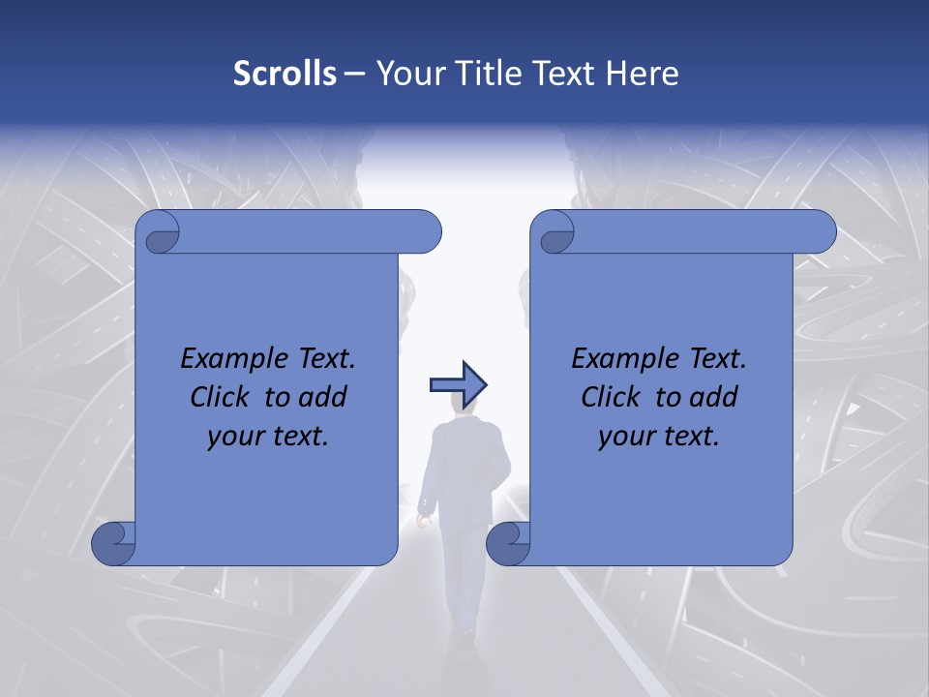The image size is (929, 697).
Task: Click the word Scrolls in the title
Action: (x=285, y=74)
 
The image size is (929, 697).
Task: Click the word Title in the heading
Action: (x=484, y=74)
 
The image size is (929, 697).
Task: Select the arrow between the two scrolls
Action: (x=458, y=384)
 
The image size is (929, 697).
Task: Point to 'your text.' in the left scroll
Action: (x=268, y=437)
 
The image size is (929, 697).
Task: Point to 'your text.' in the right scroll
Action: (x=659, y=437)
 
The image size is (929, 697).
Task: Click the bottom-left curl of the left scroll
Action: (x=114, y=542)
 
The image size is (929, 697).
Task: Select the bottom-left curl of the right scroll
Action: (x=509, y=542)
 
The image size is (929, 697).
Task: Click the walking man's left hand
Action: (x=422, y=520)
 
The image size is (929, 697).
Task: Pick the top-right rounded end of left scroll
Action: (x=426, y=231)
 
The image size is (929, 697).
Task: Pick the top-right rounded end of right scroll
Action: (x=821, y=231)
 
